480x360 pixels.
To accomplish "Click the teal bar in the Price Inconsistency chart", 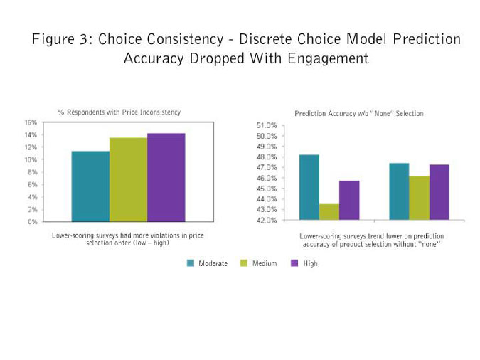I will pyautogui.click(x=90, y=186).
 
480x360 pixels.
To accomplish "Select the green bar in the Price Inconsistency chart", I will pyautogui.click(x=128, y=179).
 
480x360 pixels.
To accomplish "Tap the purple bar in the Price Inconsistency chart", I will pyautogui.click(x=166, y=177).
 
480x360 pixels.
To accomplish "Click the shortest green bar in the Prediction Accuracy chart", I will pyautogui.click(x=329, y=212).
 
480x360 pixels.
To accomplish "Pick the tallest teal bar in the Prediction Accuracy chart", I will pyautogui.click(x=309, y=187).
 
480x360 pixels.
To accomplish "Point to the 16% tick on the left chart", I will pyautogui.click(x=31, y=122).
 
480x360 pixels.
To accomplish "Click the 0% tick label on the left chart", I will pyautogui.click(x=33, y=222).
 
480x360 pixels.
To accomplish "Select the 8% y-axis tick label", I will pyautogui.click(x=33, y=172).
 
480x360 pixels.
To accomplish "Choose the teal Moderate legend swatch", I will pyautogui.click(x=191, y=263).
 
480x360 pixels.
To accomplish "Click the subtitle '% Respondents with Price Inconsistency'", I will pyautogui.click(x=119, y=112).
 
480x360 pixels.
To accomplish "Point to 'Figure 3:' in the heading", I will pyautogui.click(x=59, y=39).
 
